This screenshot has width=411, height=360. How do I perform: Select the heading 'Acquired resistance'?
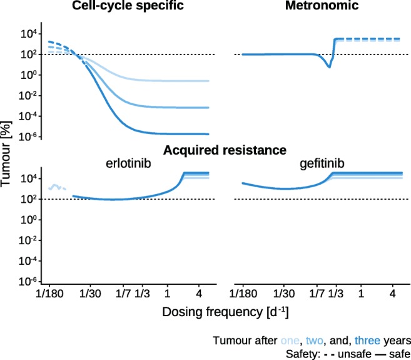pos(225,150)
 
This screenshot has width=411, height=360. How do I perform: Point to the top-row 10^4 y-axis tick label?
pos(33,34)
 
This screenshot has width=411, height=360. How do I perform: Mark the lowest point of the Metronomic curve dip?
pos(329,67)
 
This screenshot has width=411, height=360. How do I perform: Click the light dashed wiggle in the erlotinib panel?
pos(57,187)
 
